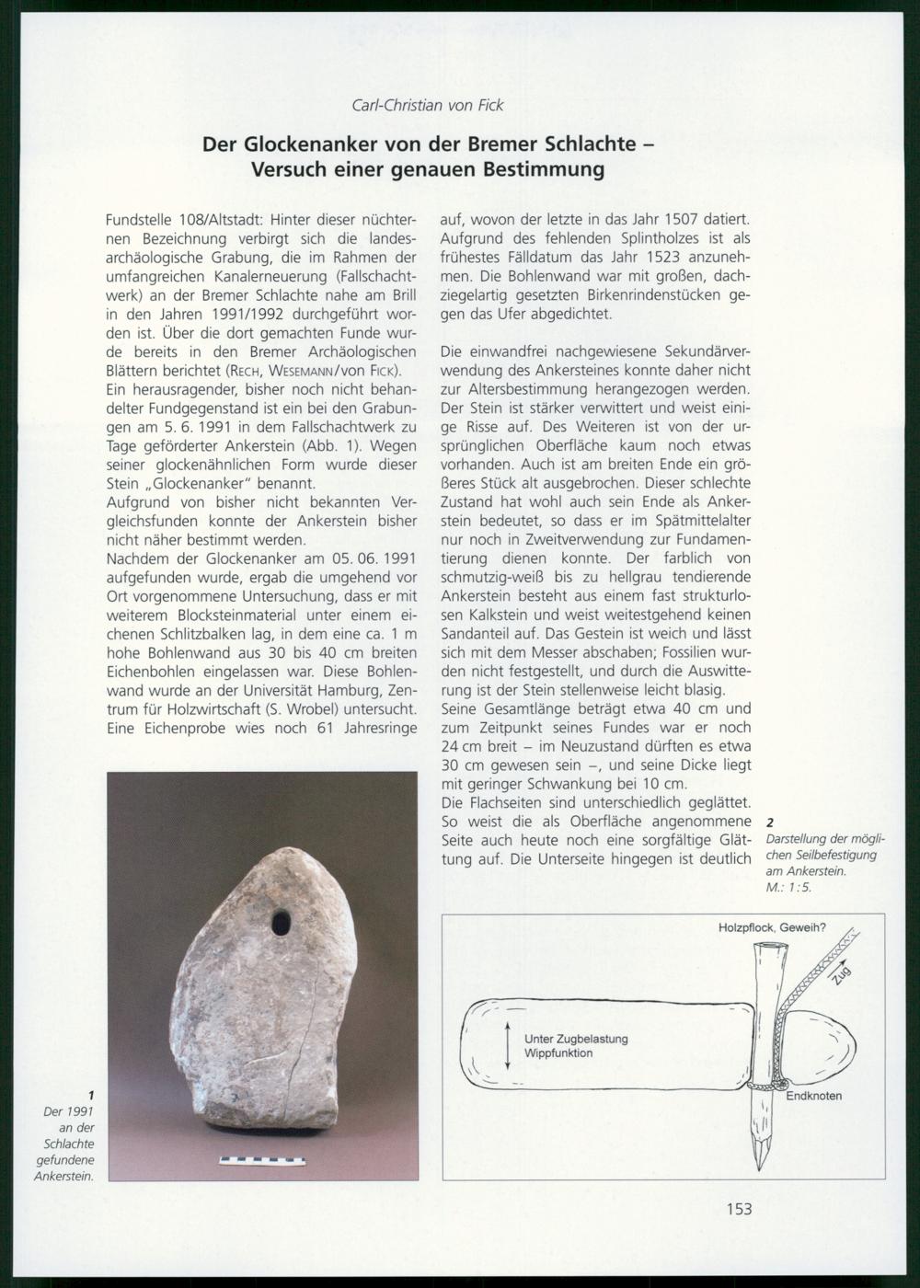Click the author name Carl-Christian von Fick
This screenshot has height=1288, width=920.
[x=428, y=105]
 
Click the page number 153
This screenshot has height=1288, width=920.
[x=739, y=1209]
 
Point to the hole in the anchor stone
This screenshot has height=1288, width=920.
[x=281, y=921]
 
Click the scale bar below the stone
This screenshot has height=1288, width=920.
[x=262, y=1161]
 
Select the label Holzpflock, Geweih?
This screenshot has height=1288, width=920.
[x=772, y=927]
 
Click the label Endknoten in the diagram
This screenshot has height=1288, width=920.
[x=813, y=1096]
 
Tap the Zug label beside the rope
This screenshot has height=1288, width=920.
[x=840, y=975]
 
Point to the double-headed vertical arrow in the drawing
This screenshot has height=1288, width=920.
[x=507, y=1045]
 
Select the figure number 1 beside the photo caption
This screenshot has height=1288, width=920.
[x=91, y=1095]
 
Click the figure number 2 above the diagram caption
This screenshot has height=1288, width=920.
[x=770, y=823]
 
